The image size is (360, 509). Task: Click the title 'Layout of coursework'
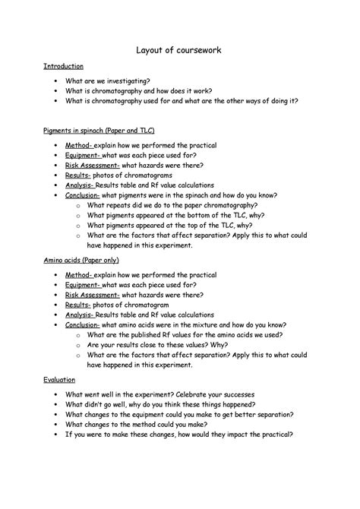[x=179, y=50]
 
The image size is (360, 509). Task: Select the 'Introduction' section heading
[x=63, y=67]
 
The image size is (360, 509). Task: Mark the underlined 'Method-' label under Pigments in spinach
[x=78, y=144]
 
